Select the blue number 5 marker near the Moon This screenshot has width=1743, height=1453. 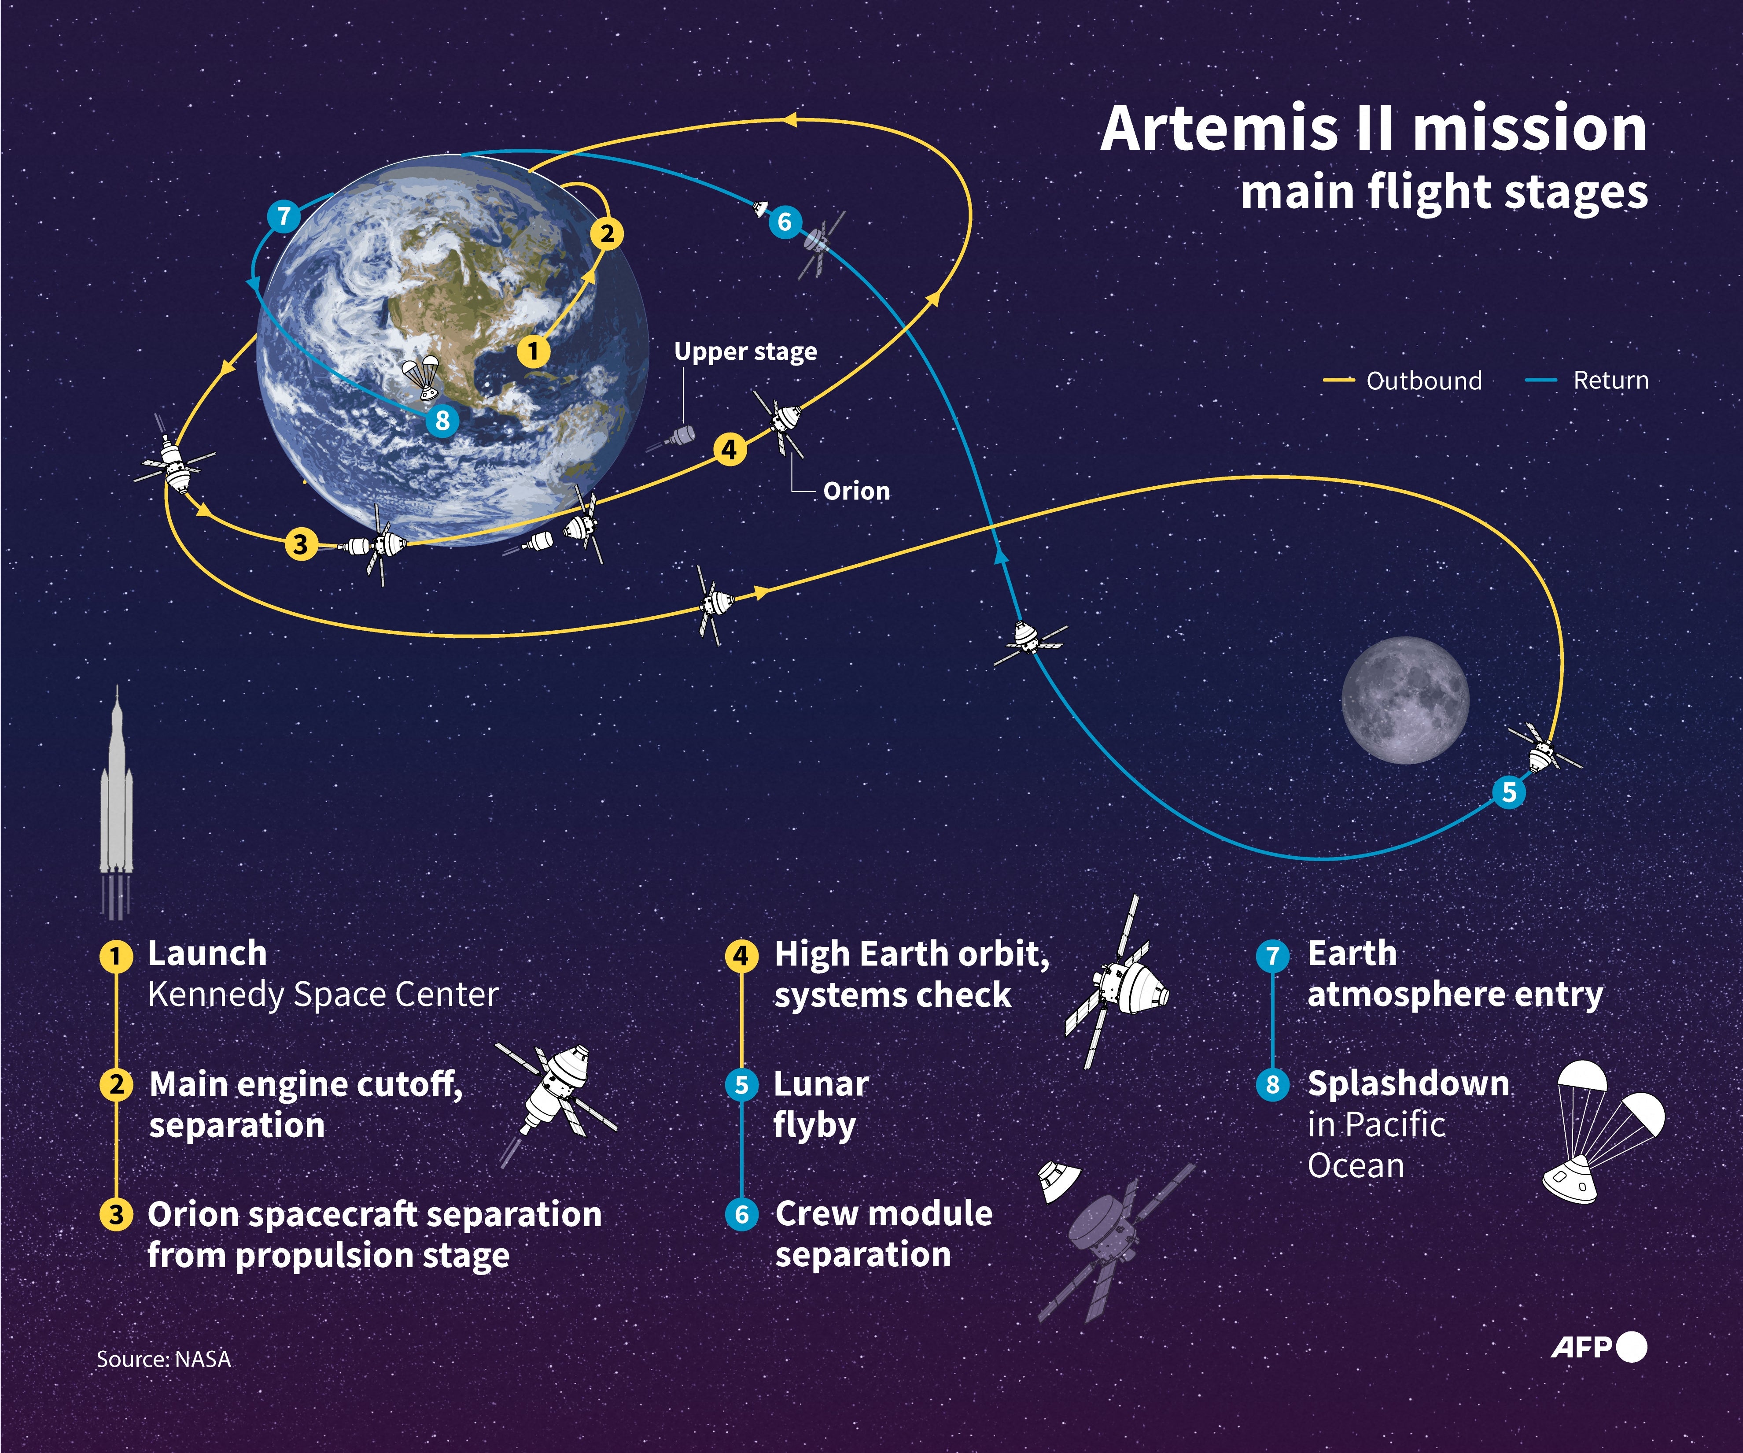tap(1509, 792)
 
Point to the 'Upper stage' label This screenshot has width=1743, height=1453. tap(744, 352)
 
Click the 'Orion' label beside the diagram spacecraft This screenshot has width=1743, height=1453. tap(856, 491)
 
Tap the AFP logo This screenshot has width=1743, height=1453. tap(1598, 1347)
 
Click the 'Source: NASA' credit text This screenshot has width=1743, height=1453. tap(163, 1359)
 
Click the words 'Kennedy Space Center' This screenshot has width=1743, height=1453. tap(323, 994)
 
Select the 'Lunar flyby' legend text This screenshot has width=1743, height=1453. tap(820, 1104)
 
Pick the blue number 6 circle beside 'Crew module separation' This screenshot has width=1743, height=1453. tap(741, 1215)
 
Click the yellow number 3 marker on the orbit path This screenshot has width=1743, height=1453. tap(300, 545)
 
